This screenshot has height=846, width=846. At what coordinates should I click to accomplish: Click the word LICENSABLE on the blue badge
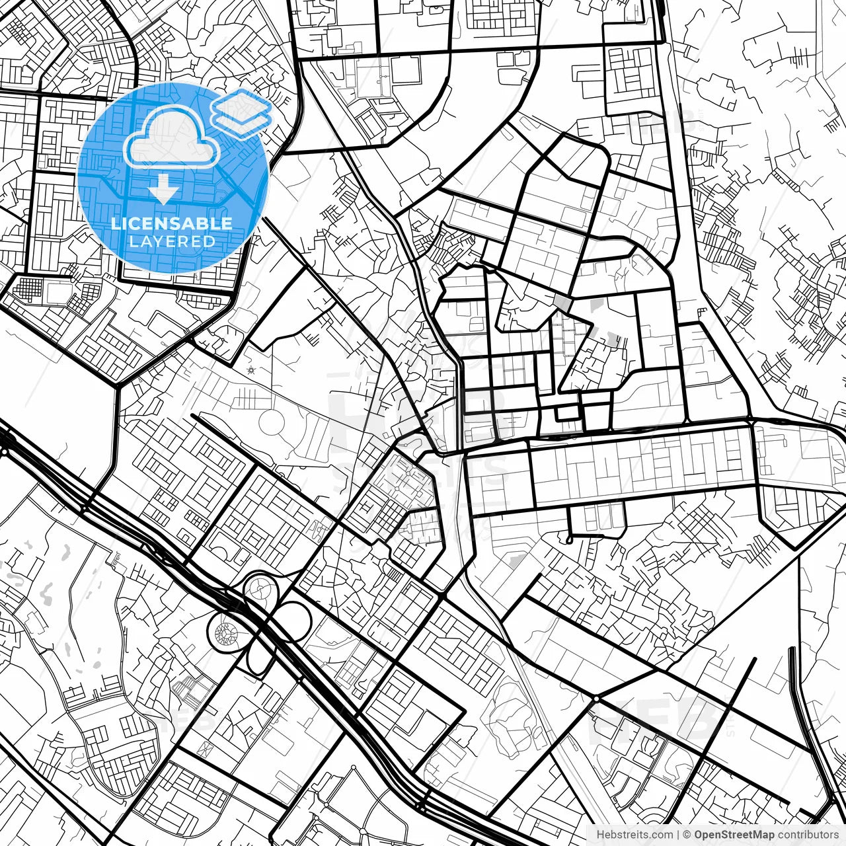click(x=172, y=223)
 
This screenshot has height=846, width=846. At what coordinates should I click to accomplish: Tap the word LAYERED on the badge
click(x=172, y=241)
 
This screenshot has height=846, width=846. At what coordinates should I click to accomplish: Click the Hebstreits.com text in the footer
click(x=634, y=835)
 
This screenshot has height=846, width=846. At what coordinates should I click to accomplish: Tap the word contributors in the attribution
click(x=807, y=835)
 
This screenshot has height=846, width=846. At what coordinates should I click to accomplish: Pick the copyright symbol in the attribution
click(x=687, y=835)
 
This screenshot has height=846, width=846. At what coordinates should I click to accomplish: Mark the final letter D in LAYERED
click(x=210, y=241)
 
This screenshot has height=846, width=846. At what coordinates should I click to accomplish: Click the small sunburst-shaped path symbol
click(x=250, y=371)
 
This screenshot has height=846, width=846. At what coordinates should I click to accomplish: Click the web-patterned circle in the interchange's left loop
click(x=226, y=633)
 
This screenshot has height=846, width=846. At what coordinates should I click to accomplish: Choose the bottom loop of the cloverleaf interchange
click(x=256, y=654)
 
